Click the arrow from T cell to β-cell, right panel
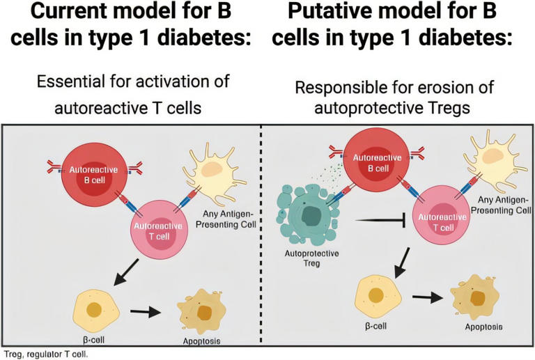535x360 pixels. pyautogui.click(x=404, y=261)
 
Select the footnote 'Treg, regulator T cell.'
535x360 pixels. pyautogui.click(x=46, y=353)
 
